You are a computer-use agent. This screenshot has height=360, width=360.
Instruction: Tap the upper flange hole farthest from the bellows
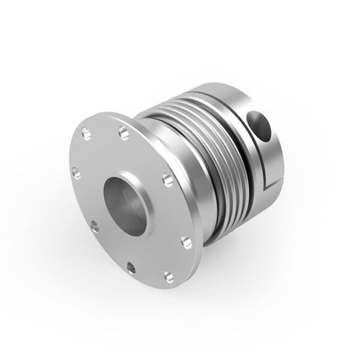[86, 134]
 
